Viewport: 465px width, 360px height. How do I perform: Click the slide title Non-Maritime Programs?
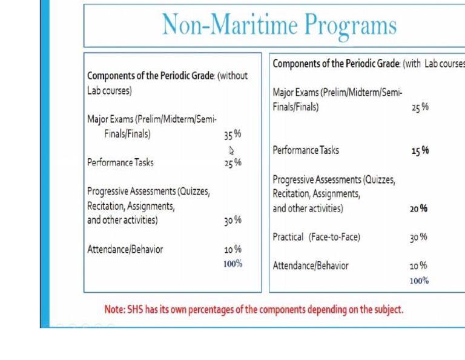pyautogui.click(x=279, y=25)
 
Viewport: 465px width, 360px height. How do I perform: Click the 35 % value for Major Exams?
pyautogui.click(x=232, y=134)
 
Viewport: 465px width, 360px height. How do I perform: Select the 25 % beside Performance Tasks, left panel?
pyautogui.click(x=232, y=162)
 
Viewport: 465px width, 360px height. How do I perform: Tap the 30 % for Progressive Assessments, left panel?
pyautogui.click(x=232, y=220)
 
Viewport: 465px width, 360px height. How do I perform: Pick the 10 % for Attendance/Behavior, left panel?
pyautogui.click(x=232, y=249)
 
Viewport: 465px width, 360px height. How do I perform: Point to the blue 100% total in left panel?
pyautogui.click(x=232, y=264)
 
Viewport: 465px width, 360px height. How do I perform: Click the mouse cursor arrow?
pyautogui.click(x=231, y=150)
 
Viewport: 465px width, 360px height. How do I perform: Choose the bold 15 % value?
pyautogui.click(x=420, y=150)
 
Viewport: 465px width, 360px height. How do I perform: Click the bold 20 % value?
pyautogui.click(x=418, y=208)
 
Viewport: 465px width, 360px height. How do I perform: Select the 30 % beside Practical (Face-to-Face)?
pyautogui.click(x=418, y=237)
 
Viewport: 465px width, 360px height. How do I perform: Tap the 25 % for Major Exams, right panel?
pyautogui.click(x=420, y=107)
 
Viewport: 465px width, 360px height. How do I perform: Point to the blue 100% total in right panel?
pyautogui.click(x=419, y=281)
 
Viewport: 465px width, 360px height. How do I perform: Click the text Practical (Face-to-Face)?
pyautogui.click(x=316, y=237)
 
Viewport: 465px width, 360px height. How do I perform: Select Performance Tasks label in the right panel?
pyautogui.click(x=306, y=150)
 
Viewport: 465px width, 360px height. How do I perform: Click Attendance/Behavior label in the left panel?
pyautogui.click(x=125, y=249)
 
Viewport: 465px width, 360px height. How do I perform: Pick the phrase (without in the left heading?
pyautogui.click(x=232, y=76)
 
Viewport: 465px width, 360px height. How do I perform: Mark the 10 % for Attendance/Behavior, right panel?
pyautogui.click(x=418, y=265)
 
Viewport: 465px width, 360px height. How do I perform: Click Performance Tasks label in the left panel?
pyautogui.click(x=120, y=162)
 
